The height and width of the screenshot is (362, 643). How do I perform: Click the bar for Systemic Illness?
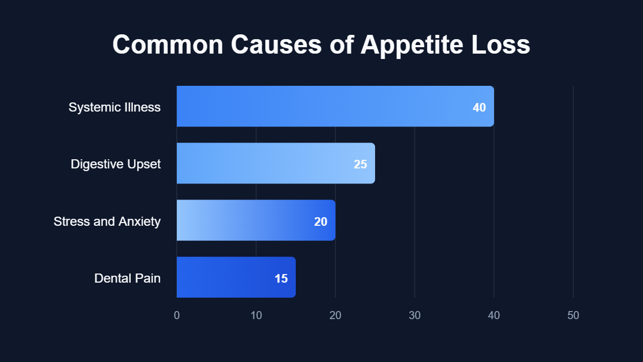(x=322, y=106)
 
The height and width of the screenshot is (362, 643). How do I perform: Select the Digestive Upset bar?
(x=268, y=164)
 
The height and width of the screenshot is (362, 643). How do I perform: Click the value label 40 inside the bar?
(x=479, y=107)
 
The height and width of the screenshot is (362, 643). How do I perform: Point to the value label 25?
(x=360, y=164)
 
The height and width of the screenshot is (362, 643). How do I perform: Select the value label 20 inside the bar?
(x=320, y=221)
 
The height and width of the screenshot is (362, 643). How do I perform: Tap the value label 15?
(x=281, y=278)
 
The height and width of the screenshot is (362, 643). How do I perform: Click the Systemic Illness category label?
(x=115, y=107)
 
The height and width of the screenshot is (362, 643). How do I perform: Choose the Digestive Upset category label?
(x=116, y=164)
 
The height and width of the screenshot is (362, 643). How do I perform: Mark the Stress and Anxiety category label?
(x=107, y=221)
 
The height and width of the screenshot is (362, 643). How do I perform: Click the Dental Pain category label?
(x=128, y=278)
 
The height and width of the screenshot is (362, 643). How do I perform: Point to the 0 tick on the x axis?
(x=177, y=315)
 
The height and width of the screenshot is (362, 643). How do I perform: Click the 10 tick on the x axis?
(x=256, y=315)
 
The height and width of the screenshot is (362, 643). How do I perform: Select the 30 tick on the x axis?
(x=415, y=315)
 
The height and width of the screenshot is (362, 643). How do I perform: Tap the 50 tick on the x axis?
(x=573, y=315)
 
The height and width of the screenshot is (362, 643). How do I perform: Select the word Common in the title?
(x=167, y=45)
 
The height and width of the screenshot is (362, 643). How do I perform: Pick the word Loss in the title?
(x=500, y=45)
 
